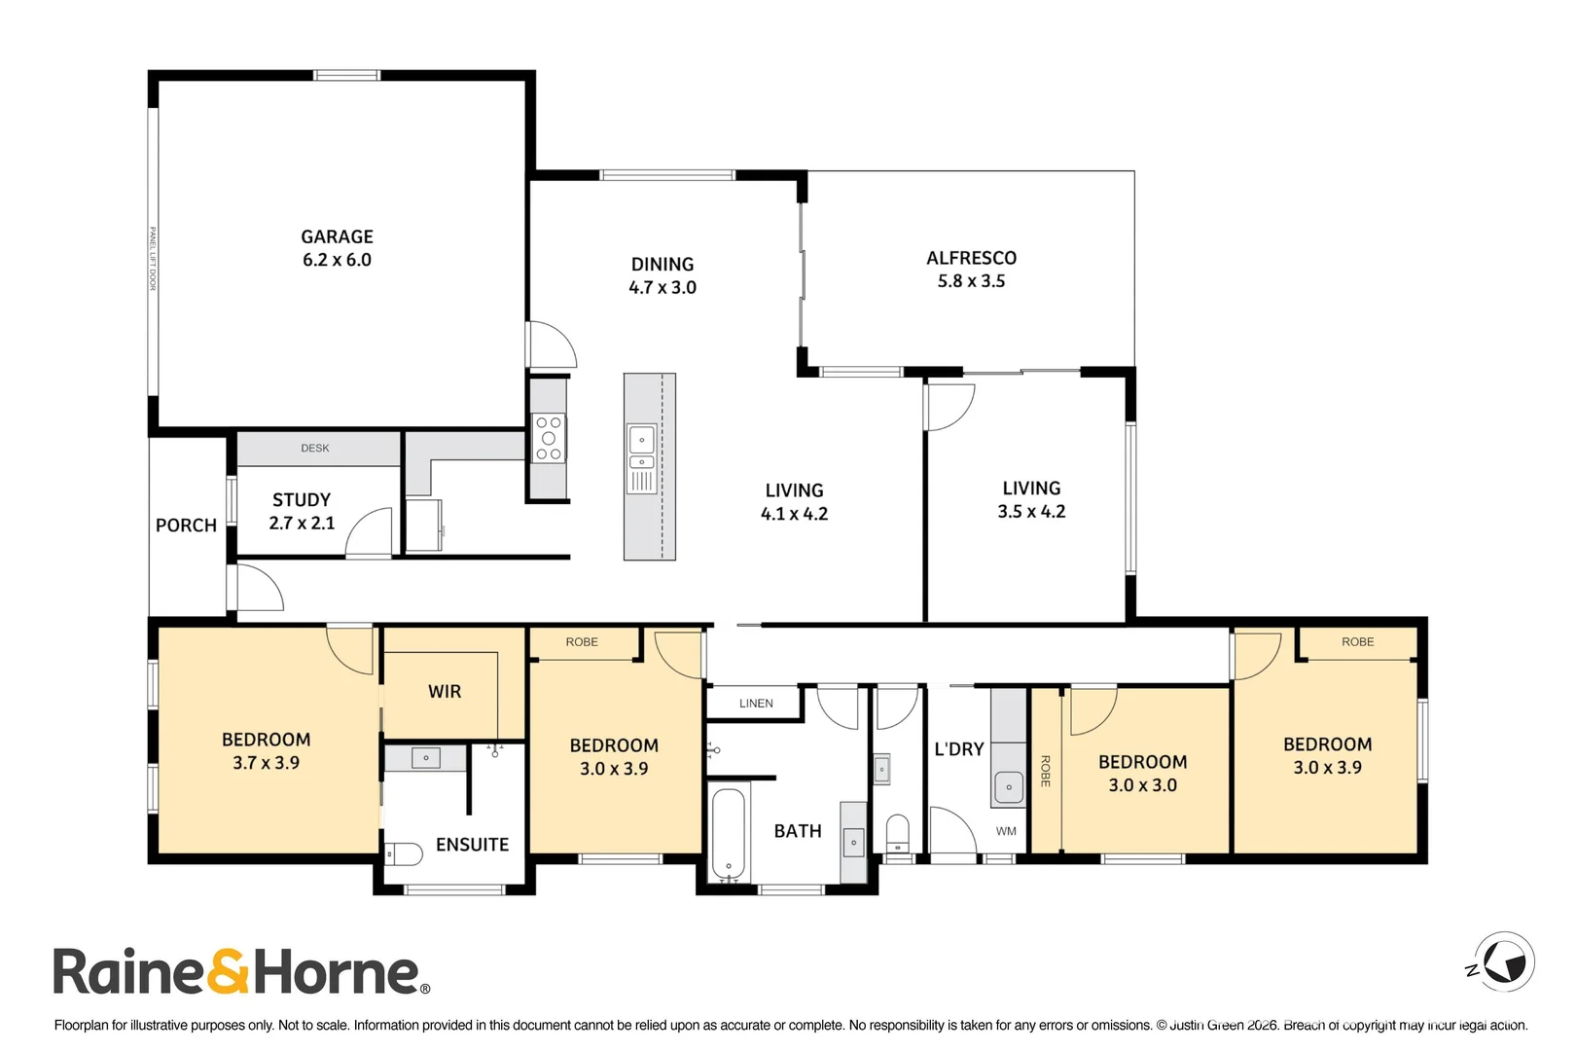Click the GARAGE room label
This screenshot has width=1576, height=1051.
(337, 236)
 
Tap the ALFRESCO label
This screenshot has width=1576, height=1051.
(971, 258)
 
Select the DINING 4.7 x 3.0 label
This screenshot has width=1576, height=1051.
(663, 275)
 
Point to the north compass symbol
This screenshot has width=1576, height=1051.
(1502, 961)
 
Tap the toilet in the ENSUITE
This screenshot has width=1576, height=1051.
(404, 853)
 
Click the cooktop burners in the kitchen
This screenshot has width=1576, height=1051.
(549, 438)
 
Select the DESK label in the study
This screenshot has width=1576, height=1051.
(314, 448)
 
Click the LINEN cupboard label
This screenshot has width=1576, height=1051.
(756, 704)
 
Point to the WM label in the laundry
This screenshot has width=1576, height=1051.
(1006, 831)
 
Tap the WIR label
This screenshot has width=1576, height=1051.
(445, 691)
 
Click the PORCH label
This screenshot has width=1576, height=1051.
(186, 525)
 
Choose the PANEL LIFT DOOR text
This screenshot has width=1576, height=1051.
(153, 258)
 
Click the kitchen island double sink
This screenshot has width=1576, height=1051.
(642, 448)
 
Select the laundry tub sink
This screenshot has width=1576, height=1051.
(1009, 787)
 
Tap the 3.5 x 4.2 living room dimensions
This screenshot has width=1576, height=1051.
(1031, 511)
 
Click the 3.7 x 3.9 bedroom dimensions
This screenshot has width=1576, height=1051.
(266, 762)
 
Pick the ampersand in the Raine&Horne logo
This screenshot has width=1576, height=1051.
(228, 971)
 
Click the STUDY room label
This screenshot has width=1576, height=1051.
(302, 500)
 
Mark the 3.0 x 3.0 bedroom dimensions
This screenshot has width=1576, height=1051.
(1142, 785)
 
